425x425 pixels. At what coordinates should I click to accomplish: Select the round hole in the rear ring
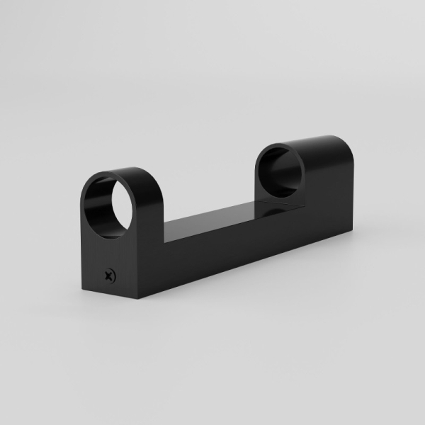click(x=280, y=171)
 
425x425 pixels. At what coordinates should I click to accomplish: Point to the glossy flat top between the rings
click(x=220, y=216)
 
